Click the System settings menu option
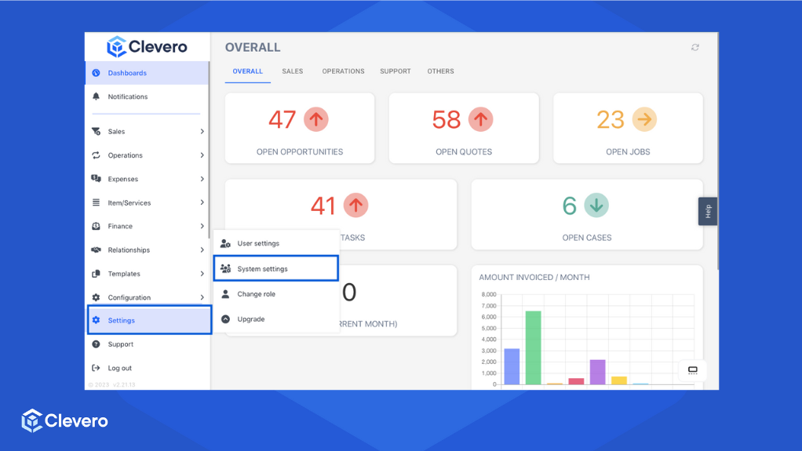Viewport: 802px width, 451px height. (x=262, y=269)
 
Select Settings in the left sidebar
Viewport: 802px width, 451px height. (x=122, y=321)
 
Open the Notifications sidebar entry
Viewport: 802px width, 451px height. (x=127, y=96)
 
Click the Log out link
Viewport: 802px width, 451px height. (x=119, y=368)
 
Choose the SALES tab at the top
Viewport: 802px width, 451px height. (x=292, y=71)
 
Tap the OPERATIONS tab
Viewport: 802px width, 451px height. (x=343, y=71)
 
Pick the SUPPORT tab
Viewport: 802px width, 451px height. (x=395, y=71)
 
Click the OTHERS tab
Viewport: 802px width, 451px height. (x=440, y=71)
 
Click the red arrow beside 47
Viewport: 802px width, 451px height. (x=315, y=119)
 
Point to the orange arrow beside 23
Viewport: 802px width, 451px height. (x=644, y=119)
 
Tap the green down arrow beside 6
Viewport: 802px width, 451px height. (x=596, y=205)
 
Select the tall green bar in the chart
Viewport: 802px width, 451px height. (x=533, y=347)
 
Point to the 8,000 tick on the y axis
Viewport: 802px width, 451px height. (x=489, y=295)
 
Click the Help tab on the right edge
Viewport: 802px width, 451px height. (x=708, y=211)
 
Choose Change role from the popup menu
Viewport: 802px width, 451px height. (x=256, y=294)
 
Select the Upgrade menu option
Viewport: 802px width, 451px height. (x=251, y=319)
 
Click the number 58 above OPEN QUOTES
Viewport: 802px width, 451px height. (x=447, y=119)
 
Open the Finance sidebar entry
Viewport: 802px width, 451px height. (x=120, y=227)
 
